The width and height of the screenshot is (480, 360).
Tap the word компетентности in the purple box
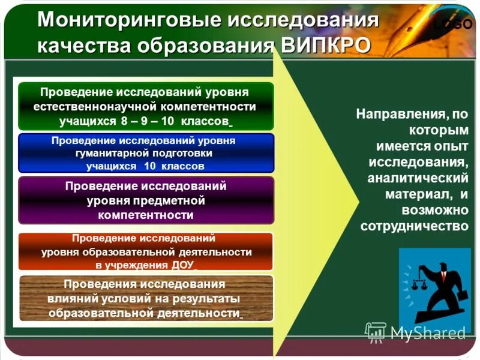(146, 214)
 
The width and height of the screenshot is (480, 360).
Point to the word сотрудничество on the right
(414, 226)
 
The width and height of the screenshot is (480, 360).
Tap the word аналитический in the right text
(417, 178)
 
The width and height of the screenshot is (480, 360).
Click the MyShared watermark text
(428, 333)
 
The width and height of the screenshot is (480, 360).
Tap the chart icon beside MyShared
(376, 332)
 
